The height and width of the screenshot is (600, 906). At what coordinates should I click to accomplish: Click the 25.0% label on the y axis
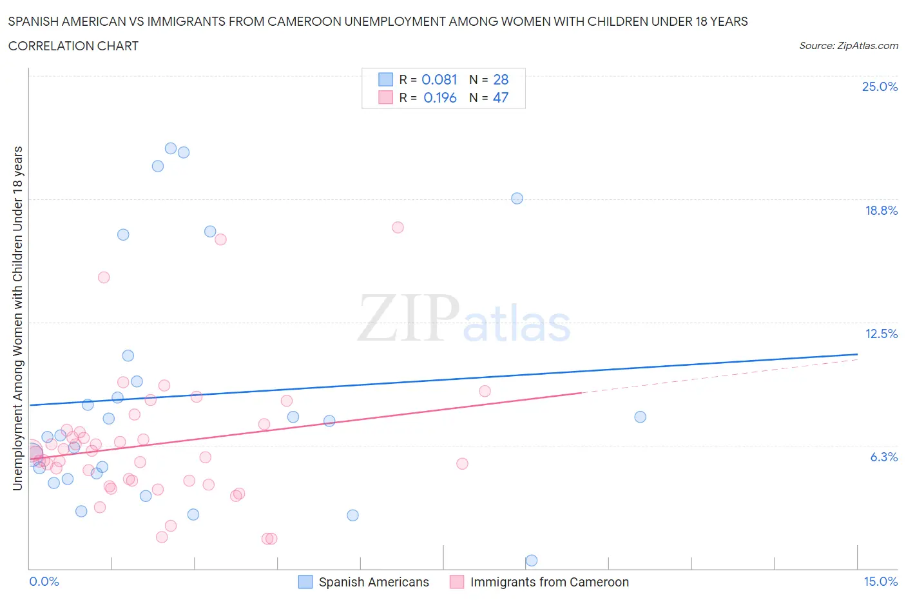(x=880, y=86)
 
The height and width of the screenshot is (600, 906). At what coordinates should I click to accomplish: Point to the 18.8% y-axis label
(x=881, y=210)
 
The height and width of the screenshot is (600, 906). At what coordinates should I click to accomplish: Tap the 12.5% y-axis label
(x=881, y=334)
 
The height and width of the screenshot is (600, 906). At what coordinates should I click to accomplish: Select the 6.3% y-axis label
(x=883, y=457)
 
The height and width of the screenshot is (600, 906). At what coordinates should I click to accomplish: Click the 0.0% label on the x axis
(x=44, y=581)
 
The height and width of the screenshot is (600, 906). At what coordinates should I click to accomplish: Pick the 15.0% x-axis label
(x=880, y=581)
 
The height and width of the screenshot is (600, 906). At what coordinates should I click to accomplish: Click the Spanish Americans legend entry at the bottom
(x=373, y=582)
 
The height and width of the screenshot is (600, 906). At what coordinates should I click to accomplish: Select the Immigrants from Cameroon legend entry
(x=549, y=582)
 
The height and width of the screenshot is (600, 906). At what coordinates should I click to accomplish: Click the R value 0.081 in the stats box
(x=439, y=79)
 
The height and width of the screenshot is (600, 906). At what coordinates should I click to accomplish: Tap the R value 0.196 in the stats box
(x=439, y=97)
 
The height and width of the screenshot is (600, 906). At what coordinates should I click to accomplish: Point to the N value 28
(x=501, y=79)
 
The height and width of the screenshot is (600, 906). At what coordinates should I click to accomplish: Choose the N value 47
(x=501, y=97)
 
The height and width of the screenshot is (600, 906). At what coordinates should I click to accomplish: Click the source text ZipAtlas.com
(x=848, y=45)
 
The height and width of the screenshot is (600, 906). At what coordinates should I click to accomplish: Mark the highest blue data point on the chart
(x=171, y=148)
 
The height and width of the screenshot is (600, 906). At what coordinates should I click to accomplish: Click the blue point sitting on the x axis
(x=532, y=560)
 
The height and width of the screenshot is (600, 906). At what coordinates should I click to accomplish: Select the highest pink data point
(x=398, y=227)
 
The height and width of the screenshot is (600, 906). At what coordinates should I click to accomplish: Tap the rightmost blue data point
(x=640, y=417)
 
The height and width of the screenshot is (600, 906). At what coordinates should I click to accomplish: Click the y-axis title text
(x=18, y=318)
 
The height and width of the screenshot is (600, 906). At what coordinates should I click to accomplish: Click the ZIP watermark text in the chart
(x=408, y=318)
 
